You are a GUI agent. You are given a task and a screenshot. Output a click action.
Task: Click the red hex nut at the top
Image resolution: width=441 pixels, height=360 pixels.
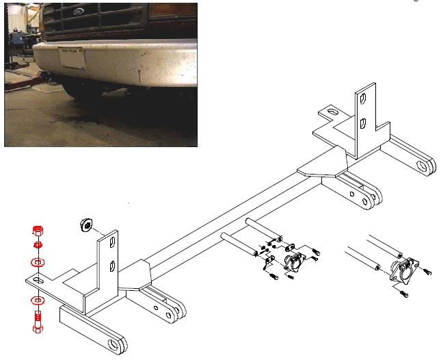click(x=38, y=231)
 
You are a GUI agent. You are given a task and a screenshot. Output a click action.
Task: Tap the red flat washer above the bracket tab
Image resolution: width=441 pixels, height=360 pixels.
click(x=38, y=262)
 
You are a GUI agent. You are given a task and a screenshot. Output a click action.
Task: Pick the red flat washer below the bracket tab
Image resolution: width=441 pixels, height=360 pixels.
click(x=38, y=300)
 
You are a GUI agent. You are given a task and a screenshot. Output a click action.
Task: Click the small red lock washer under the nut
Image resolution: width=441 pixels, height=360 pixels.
click(x=38, y=246)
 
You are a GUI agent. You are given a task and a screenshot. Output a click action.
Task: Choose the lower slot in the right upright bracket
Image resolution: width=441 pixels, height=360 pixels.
click(x=364, y=124)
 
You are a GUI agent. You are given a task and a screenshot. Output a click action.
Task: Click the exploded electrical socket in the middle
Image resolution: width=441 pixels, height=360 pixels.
click(x=295, y=261)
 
